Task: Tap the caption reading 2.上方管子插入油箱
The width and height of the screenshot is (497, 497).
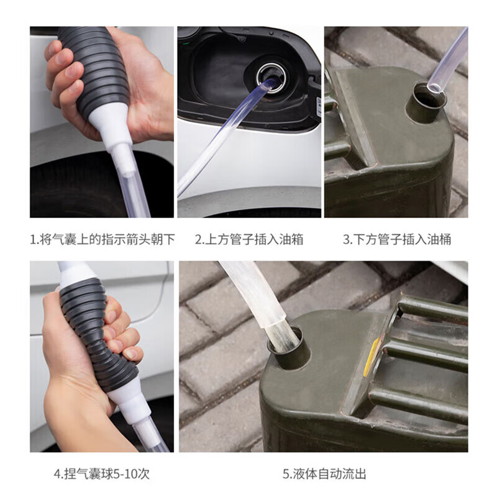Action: pyautogui.click(x=249, y=239)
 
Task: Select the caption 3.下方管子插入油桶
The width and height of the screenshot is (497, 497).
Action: pyautogui.click(x=396, y=239)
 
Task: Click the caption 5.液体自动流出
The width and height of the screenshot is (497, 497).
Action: pyautogui.click(x=324, y=473)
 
